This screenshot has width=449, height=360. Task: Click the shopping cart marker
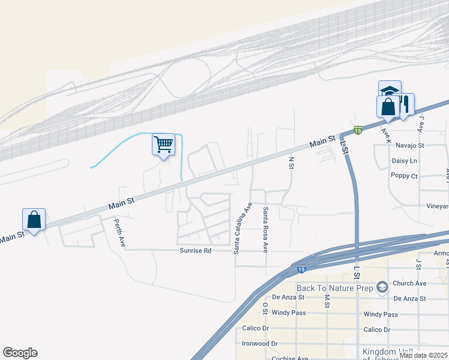[163, 145]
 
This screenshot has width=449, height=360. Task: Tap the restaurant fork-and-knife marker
[405, 104]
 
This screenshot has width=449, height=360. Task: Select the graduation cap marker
[390, 91]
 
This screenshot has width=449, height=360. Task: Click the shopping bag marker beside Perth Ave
[34, 220]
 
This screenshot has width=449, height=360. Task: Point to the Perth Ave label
[119, 232]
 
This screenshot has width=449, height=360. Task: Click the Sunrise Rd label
[195, 250]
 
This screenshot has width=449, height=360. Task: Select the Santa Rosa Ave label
[265, 229]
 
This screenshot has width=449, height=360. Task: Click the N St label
[291, 163]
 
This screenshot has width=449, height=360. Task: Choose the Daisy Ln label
[404, 161]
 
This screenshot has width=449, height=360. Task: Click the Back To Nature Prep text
[335, 289]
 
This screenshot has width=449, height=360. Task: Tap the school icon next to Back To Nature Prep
[382, 289]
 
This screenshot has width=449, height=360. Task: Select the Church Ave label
[409, 283]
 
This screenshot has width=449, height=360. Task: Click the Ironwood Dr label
[260, 344]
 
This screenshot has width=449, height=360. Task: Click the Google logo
[20, 353]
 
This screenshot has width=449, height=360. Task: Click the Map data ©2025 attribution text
[423, 355]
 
